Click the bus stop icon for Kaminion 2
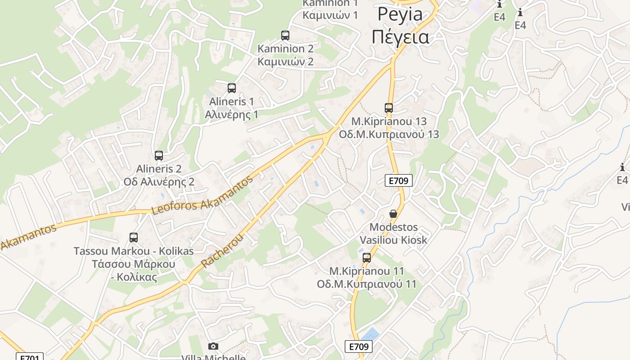coord(285,36)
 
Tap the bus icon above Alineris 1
coord(232,88)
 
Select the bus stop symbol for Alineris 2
coord(159,156)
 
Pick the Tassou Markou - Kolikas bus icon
coord(134,238)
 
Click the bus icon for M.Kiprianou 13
coord(389,108)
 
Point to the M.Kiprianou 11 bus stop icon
coord(367,258)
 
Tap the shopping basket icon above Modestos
coord(393,214)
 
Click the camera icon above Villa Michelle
coord(213,346)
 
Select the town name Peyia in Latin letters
coord(400,14)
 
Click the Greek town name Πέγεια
coord(400,36)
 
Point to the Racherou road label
coord(222,251)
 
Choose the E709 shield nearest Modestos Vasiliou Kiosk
coord(399,181)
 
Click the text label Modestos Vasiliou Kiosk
coord(393,234)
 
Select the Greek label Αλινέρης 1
coord(231,114)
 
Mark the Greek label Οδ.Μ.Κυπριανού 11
coord(366,284)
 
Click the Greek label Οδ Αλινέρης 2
coord(159,182)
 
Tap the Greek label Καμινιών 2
coord(285,62)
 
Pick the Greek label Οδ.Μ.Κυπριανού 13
coord(389,135)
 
